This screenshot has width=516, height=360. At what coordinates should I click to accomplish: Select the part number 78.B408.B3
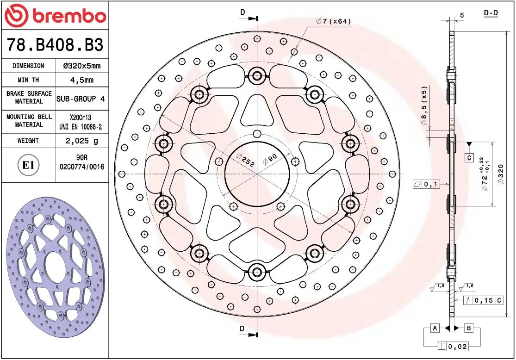click(55, 45)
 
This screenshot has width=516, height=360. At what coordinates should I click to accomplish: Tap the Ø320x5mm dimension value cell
click(81, 66)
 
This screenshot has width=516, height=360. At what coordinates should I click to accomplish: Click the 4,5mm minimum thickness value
click(81, 80)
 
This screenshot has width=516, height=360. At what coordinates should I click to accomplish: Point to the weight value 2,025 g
click(81, 140)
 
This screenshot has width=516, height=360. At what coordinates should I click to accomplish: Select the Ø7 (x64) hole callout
click(333, 21)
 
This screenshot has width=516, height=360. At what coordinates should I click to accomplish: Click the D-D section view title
click(491, 13)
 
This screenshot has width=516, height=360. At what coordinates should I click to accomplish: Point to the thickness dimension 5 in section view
click(462, 16)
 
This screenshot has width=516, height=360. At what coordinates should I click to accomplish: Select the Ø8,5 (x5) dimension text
click(423, 106)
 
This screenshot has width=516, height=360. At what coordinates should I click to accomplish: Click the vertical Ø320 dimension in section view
click(500, 174)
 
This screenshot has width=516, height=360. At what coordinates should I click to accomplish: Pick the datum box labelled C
click(469, 157)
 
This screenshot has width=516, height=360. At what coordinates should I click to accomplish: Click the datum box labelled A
click(435, 328)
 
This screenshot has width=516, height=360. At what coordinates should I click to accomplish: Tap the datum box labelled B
click(468, 328)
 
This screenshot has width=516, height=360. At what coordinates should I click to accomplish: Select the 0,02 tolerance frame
click(452, 346)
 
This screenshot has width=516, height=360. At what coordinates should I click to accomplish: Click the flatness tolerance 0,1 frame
click(426, 185)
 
